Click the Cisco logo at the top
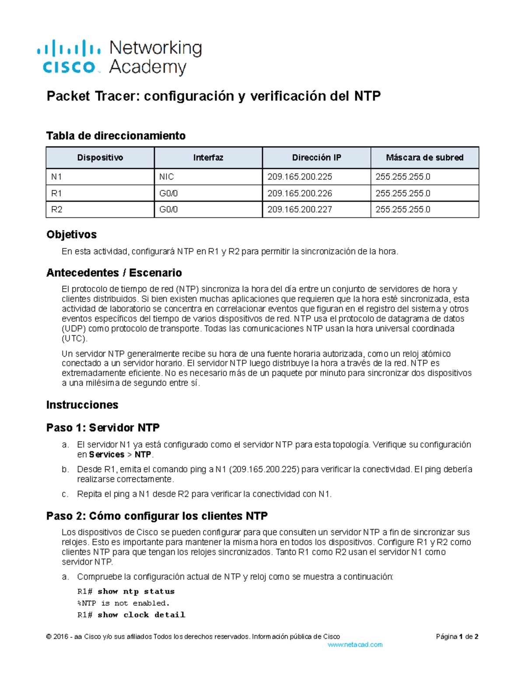tap(69, 57)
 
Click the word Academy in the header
tap(148, 67)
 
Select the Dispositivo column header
tap(100, 157)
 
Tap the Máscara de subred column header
tap(424, 157)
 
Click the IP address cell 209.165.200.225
tap(300, 177)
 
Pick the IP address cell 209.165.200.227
tap(300, 209)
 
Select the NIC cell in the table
tap(166, 177)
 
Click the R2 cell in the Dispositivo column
tap(56, 209)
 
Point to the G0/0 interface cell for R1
tap(168, 193)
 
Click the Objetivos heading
tap(71, 234)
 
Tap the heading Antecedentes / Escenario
tap(114, 273)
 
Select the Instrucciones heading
tap(82, 405)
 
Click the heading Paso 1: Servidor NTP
tap(103, 428)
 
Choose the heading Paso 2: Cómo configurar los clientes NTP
tap(157, 516)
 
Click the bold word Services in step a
tap(107, 455)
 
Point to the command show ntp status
tap(136, 592)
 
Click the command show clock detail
tap(141, 615)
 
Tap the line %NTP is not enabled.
tap(123, 603)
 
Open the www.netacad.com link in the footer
tap(355, 644)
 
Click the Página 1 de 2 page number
tap(457, 637)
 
